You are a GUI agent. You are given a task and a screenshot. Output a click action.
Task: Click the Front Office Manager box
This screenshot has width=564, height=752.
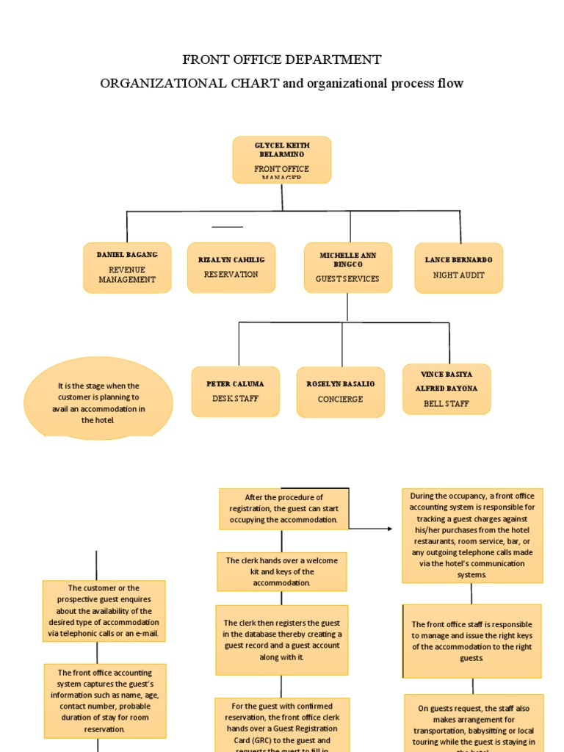point(282,159)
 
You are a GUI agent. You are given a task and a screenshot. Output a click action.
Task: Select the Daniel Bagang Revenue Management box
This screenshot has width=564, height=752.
point(127,268)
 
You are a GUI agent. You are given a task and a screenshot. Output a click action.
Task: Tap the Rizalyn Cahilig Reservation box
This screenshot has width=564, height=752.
point(231,267)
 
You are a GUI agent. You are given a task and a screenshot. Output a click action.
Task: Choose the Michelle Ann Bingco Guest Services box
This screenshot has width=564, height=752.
point(347,267)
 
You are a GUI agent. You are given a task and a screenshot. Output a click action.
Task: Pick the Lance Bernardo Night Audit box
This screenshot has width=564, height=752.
point(458,268)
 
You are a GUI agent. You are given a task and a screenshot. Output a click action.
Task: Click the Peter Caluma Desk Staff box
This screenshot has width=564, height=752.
point(235,391)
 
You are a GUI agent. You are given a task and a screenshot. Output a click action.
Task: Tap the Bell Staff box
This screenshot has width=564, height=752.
point(446,389)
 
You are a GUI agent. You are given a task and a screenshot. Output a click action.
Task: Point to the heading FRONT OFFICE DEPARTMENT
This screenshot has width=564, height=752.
point(282,59)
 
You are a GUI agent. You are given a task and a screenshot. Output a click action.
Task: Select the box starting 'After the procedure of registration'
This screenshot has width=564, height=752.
point(283,508)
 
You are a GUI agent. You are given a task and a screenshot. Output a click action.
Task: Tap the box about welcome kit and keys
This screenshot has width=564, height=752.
point(283,571)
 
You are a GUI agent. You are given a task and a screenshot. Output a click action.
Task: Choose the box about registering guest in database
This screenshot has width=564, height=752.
point(283,640)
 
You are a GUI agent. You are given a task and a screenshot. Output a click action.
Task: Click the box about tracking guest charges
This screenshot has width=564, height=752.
point(472,535)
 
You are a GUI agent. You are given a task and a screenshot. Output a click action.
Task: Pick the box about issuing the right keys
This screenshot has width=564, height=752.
point(472,641)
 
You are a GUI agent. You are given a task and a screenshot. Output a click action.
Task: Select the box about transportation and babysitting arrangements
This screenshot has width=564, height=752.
point(474,723)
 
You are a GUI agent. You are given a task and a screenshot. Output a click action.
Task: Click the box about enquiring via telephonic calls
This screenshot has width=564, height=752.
point(104,610)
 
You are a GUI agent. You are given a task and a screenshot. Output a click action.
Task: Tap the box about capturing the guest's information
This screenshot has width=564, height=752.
point(104,701)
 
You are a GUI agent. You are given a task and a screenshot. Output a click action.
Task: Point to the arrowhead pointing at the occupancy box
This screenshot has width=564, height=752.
point(389,528)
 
